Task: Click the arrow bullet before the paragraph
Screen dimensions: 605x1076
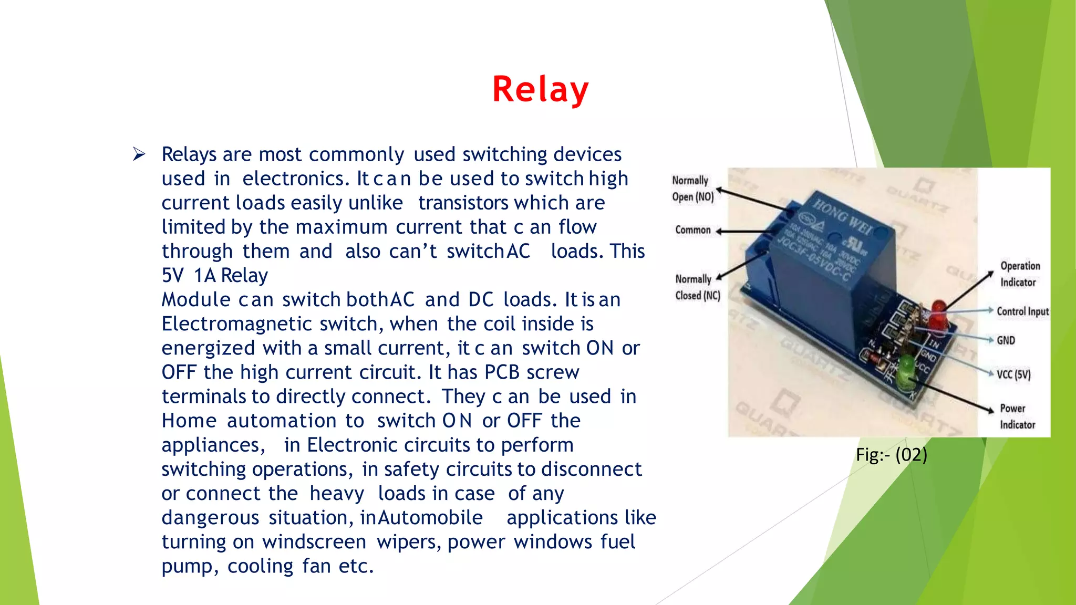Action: [139, 154]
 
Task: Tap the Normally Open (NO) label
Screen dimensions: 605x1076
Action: [692, 189]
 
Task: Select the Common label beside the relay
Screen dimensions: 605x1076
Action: [692, 230]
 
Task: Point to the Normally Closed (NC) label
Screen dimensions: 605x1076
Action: [697, 287]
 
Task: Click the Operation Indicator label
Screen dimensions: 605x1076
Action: [1019, 274]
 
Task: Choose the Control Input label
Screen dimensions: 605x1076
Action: [1022, 311]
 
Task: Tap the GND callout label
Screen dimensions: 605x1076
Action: [1006, 340]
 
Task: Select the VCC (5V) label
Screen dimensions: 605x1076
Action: [1013, 374]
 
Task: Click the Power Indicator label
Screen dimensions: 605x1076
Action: [1017, 416]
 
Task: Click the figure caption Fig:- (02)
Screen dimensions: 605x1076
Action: [891, 455]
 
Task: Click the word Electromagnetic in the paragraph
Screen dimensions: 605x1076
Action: [237, 324]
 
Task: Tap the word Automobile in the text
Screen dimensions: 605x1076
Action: [430, 518]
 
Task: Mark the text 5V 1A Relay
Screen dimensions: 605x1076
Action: [214, 276]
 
